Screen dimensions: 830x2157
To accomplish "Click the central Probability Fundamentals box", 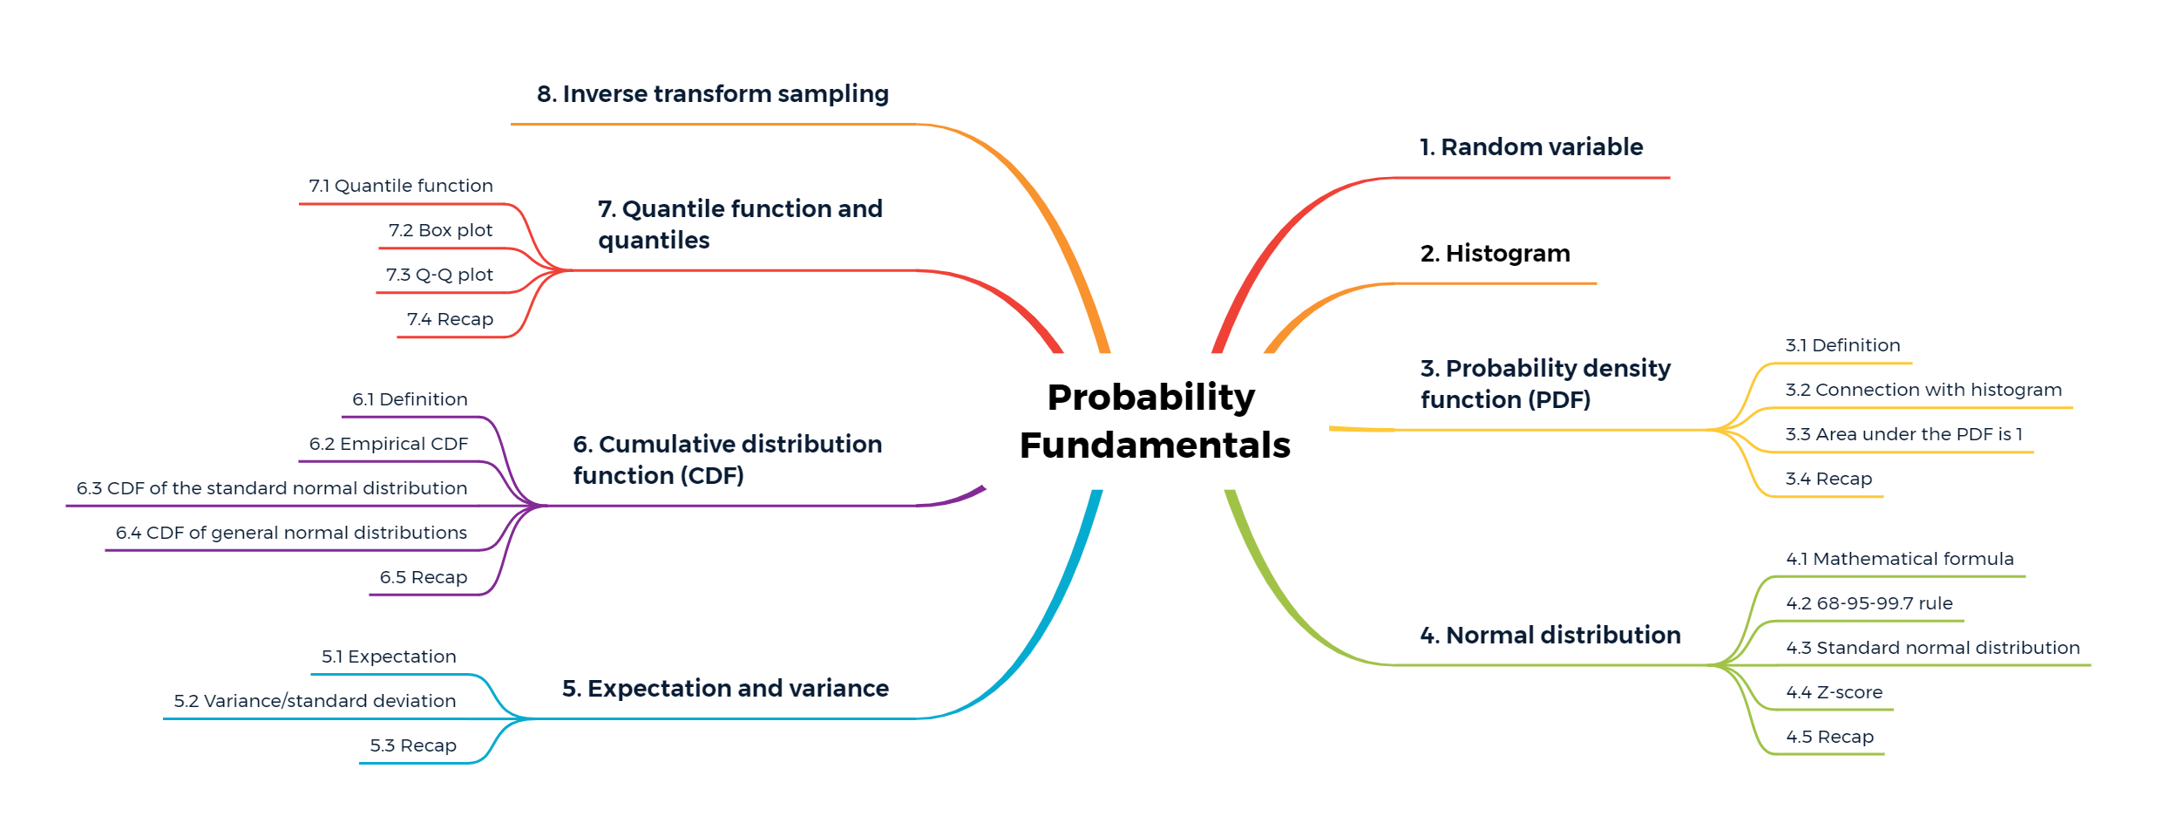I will (1155, 421).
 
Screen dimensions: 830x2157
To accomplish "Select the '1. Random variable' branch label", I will (1531, 147).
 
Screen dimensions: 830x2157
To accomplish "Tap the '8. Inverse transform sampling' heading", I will (713, 94).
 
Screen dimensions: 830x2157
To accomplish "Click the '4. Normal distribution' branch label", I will (1550, 636).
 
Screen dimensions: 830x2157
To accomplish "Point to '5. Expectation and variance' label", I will (725, 689).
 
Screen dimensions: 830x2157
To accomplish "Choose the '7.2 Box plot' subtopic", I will (441, 230).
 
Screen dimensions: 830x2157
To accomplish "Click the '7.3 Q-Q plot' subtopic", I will (440, 275).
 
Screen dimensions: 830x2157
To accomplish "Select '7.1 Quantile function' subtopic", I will (401, 186).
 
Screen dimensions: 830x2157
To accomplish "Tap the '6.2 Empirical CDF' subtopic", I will (389, 444).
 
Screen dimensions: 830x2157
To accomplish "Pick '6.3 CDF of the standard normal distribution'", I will (272, 488).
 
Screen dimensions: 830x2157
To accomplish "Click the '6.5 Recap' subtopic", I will (424, 577).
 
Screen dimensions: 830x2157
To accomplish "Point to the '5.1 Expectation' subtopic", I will (389, 657).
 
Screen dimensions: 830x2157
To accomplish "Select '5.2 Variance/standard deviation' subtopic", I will (315, 701).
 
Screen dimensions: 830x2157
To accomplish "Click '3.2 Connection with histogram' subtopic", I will (1923, 390).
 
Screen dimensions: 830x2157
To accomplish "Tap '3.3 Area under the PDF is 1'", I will (1903, 434).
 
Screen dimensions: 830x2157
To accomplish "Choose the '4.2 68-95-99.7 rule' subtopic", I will (1869, 603).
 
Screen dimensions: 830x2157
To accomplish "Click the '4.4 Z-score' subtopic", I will (1835, 692).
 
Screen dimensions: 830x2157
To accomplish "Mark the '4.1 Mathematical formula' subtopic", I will (1900, 559).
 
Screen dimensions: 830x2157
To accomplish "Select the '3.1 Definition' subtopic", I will (1842, 345).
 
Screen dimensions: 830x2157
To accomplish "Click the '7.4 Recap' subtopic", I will (450, 319).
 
